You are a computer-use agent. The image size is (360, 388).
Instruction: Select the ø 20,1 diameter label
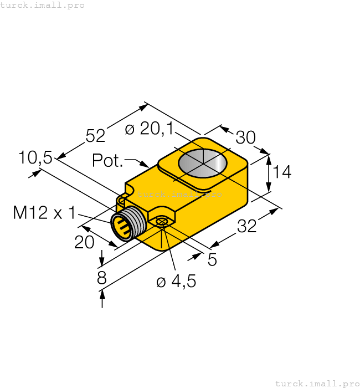tap(149, 129)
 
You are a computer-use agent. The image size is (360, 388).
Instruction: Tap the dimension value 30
tap(245, 137)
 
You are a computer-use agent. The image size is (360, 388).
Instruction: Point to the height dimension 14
tap(282, 172)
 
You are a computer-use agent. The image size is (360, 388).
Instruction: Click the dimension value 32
tap(247, 226)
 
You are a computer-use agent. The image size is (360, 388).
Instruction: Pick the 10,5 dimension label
tap(35, 158)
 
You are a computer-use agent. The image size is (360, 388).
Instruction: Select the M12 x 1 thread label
tap(44, 212)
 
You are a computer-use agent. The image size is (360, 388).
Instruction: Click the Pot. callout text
tap(107, 161)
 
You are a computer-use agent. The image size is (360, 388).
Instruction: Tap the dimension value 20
tap(84, 242)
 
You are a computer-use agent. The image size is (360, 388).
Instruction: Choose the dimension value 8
tap(102, 278)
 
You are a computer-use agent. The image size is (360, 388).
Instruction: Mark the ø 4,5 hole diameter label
tap(176, 282)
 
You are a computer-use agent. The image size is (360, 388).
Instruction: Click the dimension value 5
tap(212, 259)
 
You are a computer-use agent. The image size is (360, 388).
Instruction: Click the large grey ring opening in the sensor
tap(203, 163)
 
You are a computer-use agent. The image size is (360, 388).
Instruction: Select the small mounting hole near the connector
tap(161, 222)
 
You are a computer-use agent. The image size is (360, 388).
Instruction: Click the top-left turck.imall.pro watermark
tap(43, 5)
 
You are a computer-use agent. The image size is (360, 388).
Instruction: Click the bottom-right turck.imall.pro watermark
tap(317, 383)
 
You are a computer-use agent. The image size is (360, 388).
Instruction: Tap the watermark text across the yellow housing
tap(179, 194)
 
